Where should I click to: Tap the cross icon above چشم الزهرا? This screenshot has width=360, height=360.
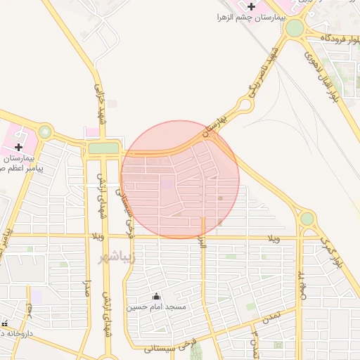pos(251,6)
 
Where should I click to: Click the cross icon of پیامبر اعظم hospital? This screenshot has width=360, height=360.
pos(18,147)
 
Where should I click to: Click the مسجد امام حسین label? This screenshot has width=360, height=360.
pos(156,307)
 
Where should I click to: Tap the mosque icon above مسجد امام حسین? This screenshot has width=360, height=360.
pos(156,297)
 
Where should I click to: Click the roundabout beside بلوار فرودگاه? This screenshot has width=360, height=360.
pos(294,28)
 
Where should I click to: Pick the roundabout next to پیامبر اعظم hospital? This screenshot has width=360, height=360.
pos(46,131)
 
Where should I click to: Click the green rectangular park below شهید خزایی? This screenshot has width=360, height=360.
pos(103,148)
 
